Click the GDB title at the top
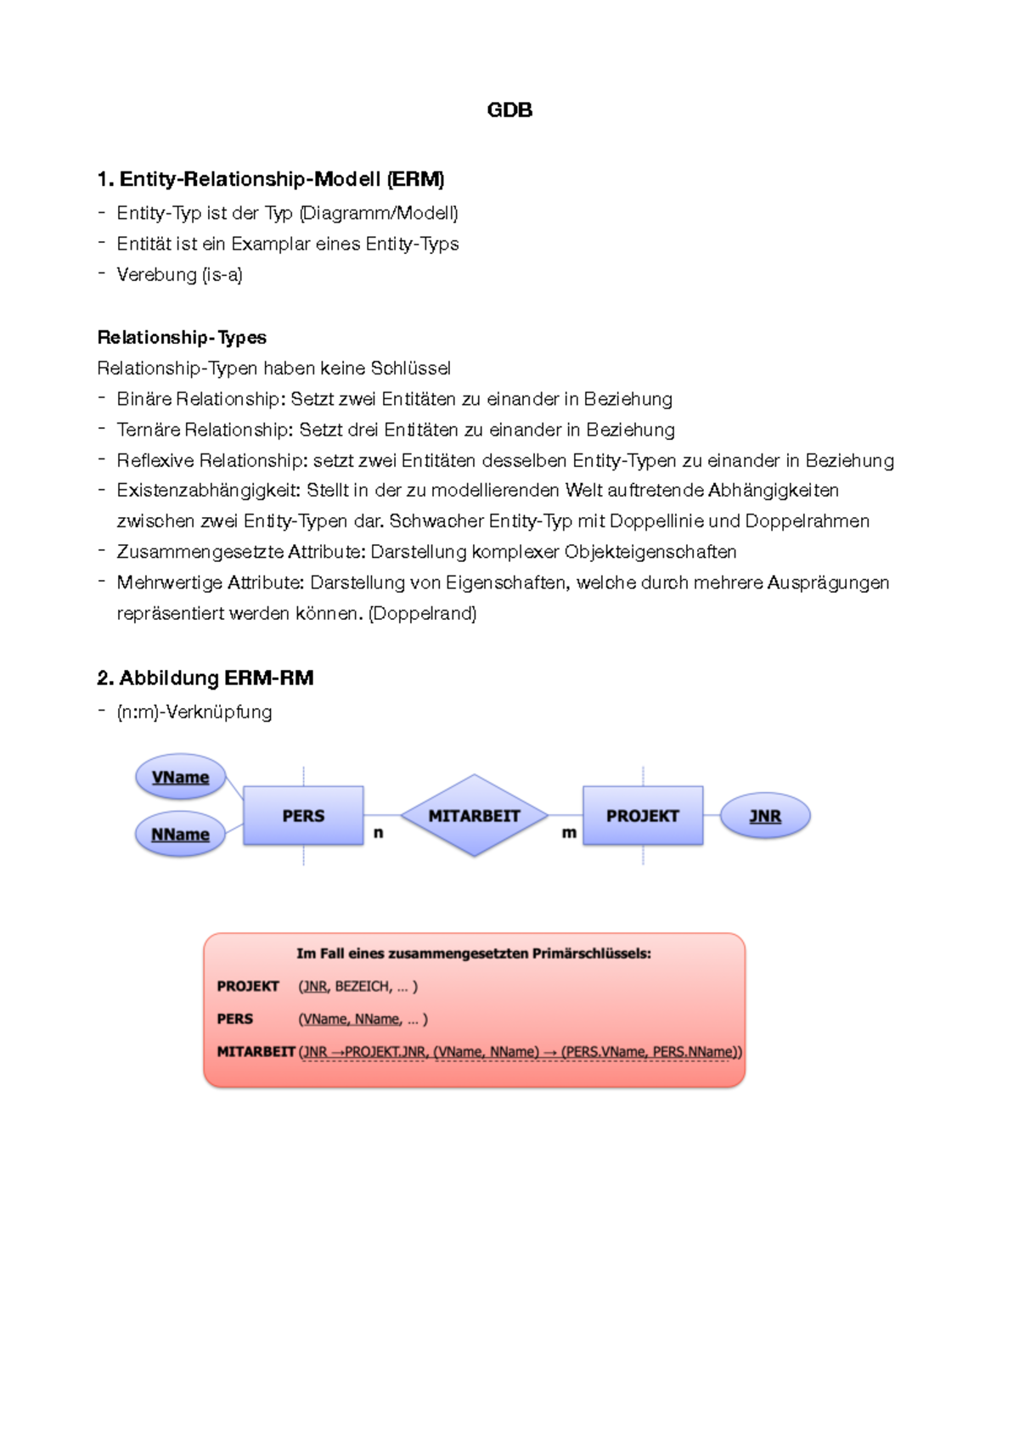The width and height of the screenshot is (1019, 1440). pos(509,110)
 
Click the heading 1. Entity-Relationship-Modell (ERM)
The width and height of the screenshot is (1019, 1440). pos(271,179)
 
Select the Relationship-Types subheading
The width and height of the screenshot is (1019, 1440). pos(182,337)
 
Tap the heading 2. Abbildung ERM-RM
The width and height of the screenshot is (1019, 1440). pos(205,678)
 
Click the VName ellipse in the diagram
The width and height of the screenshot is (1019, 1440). pos(181,777)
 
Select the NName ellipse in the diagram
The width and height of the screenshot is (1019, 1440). pos(180,835)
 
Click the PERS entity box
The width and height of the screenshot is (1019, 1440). pos(303,815)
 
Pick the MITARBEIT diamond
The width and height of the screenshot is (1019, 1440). pos(474,815)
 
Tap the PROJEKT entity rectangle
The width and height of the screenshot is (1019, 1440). pos(643,815)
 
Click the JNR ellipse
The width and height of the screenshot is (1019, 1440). pos(765,816)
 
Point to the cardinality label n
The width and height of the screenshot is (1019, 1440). pos(379,833)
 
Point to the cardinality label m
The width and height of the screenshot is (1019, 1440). pos(569,833)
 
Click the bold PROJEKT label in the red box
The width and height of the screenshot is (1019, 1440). pos(248,986)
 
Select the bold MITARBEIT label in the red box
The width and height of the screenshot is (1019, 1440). pos(256,1051)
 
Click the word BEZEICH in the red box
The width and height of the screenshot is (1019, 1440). pos(363,986)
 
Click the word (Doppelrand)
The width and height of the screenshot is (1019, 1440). pos(422,613)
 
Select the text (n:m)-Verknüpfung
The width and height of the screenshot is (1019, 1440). pos(194,712)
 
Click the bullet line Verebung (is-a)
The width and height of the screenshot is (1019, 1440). pos(179,274)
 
